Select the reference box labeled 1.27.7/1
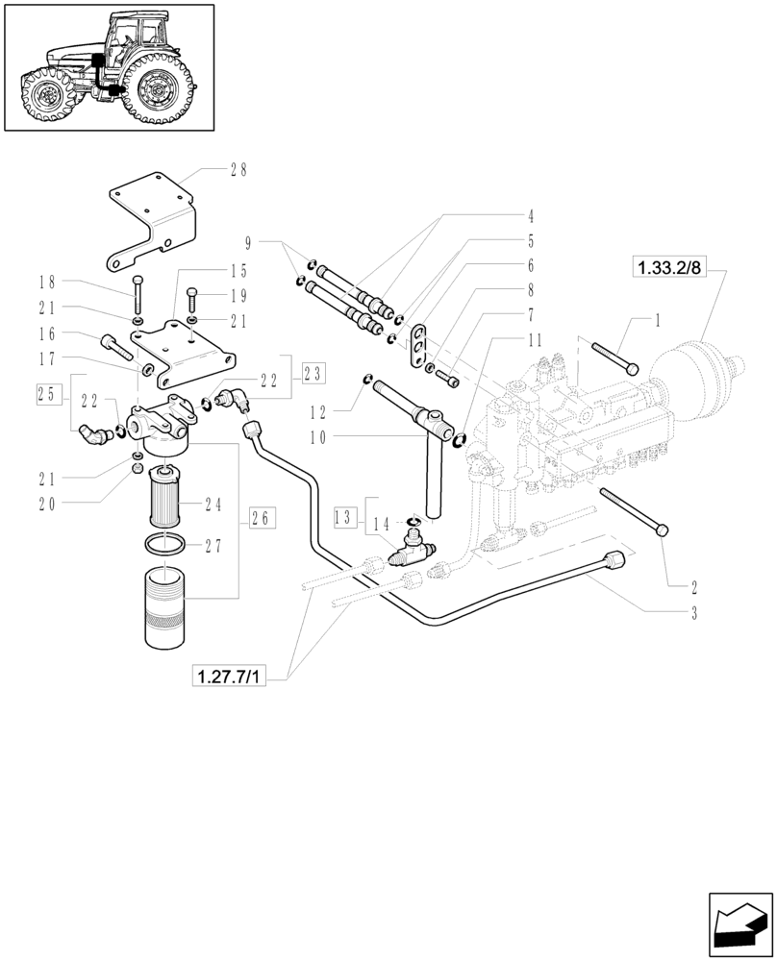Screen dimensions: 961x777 (228, 677)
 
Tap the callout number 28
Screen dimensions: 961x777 (238, 169)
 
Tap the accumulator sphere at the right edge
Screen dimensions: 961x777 (696, 366)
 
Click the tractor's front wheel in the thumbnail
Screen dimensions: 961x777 (43, 95)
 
